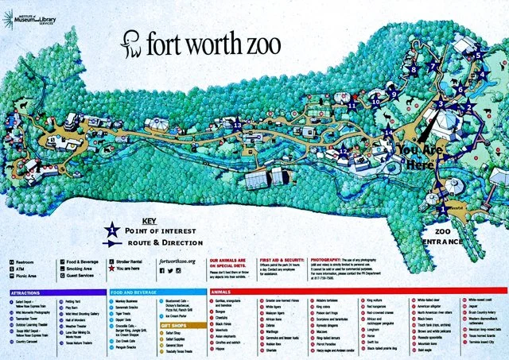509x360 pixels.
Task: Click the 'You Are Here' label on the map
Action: click(420, 155)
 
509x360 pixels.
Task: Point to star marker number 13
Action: click(236, 125)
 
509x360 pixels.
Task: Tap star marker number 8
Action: click(413, 70)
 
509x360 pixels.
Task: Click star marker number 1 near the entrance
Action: click(442, 209)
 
